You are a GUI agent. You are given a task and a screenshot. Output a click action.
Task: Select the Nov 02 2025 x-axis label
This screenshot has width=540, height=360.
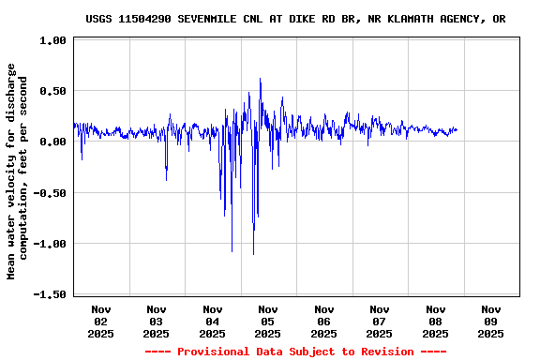tap(101, 321)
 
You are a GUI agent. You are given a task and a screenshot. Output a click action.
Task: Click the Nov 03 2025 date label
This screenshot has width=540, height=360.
tap(157, 321)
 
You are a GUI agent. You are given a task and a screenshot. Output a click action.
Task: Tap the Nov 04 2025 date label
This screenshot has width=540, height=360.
tap(213, 321)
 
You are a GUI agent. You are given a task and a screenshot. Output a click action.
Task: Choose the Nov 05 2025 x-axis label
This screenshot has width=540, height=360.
tap(268, 321)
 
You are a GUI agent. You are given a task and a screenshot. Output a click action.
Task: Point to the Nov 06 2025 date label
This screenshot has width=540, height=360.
tap(324, 321)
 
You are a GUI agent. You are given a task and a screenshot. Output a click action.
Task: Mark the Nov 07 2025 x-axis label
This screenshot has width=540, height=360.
tap(380, 321)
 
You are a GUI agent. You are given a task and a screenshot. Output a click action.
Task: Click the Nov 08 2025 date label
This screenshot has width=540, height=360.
tap(435, 321)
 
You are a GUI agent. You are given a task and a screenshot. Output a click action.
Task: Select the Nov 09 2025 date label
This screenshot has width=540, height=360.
tap(491, 321)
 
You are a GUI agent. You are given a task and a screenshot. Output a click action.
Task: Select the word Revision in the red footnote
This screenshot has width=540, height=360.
tap(383, 352)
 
